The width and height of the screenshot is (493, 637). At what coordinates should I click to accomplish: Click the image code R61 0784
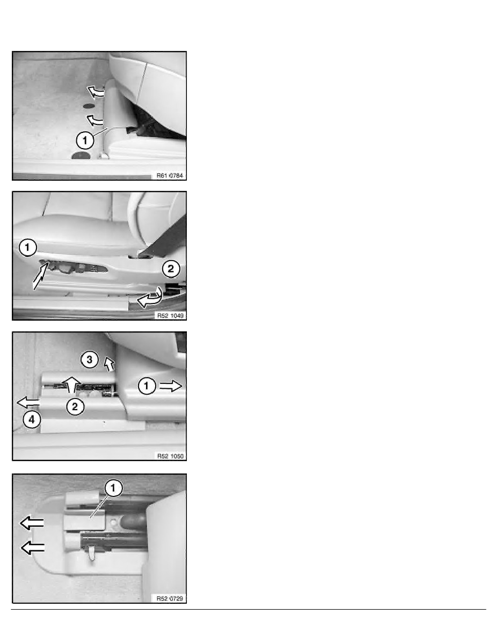click(170, 175)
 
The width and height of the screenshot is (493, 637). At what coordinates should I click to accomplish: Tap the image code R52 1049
click(170, 315)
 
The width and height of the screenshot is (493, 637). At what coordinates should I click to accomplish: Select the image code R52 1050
click(170, 456)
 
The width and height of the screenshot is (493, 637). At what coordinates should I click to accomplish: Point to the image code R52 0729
click(170, 598)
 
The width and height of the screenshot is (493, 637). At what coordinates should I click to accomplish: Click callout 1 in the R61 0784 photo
click(85, 140)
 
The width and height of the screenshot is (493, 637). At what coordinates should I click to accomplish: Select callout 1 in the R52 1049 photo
click(27, 247)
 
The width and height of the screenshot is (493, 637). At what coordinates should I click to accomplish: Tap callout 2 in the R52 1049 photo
click(171, 269)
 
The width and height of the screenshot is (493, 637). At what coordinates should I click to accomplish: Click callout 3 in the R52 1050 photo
click(90, 360)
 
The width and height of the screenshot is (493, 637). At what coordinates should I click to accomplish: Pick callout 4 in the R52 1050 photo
click(32, 420)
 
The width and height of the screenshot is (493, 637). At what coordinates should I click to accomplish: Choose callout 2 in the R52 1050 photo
click(75, 406)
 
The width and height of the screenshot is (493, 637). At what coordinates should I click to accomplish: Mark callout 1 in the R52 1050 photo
click(147, 386)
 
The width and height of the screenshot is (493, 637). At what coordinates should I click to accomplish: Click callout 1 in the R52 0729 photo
click(113, 488)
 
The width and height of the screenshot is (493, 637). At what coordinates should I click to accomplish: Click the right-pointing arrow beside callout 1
click(170, 386)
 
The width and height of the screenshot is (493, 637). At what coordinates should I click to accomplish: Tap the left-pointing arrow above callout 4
click(28, 403)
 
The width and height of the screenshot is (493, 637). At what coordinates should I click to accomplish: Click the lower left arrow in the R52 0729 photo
click(33, 548)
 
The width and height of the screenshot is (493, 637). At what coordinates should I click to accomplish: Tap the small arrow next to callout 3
click(109, 364)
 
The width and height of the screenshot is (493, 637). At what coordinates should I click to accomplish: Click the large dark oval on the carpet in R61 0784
click(81, 155)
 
